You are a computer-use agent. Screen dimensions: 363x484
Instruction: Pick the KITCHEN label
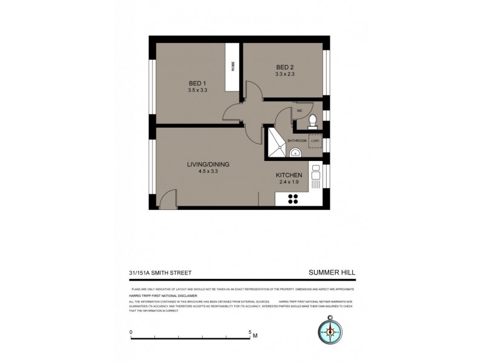pyautogui.click(x=289, y=175)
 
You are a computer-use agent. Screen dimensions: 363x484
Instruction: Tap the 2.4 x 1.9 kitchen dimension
pyautogui.click(x=289, y=182)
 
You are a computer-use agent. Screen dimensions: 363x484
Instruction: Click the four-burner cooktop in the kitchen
pyautogui.click(x=293, y=200)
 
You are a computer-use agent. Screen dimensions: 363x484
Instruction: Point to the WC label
pyautogui.click(x=299, y=111)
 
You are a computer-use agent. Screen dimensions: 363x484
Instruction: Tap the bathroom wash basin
pyautogui.click(x=294, y=153)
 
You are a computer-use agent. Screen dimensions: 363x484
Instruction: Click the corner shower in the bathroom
pyautogui.click(x=276, y=140)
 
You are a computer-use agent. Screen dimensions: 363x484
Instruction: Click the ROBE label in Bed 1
pyautogui.click(x=232, y=67)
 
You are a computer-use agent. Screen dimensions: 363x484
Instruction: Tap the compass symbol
pyautogui.click(x=330, y=330)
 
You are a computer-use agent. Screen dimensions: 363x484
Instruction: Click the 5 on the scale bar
pyautogui.click(x=249, y=332)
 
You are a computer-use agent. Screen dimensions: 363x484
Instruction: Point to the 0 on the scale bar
pyautogui.click(x=131, y=332)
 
